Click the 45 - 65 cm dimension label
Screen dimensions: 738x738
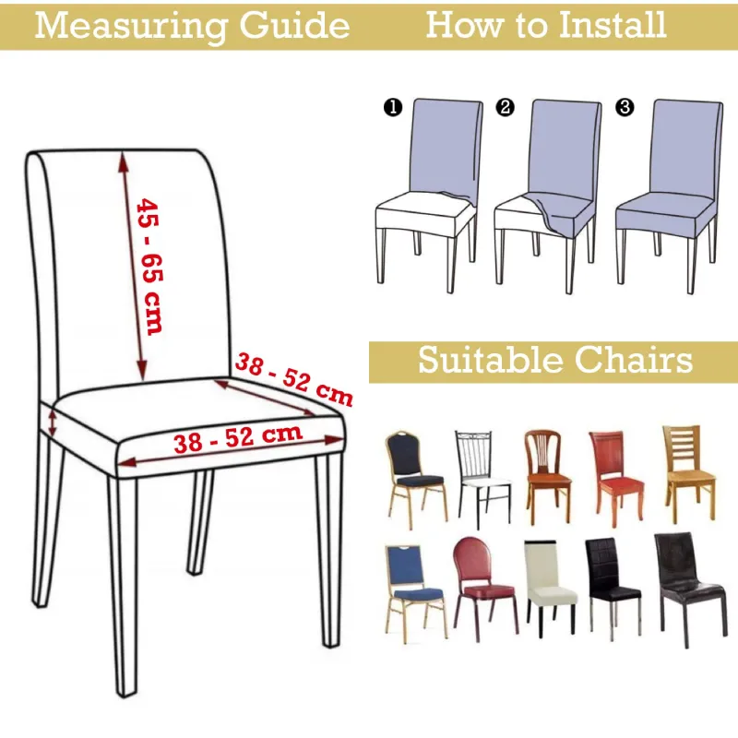coord(149,267)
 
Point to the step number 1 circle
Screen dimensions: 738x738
coord(393,107)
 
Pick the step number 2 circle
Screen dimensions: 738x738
coord(505,107)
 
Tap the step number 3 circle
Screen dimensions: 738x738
coord(625,107)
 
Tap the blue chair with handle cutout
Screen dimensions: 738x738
coord(414,594)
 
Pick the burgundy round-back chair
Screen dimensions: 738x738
coord(485,589)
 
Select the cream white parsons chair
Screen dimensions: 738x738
coord(550,588)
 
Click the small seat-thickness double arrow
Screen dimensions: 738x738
coord(54,423)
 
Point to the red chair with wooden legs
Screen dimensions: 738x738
coord(616,477)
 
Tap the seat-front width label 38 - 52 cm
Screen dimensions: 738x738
coord(238,438)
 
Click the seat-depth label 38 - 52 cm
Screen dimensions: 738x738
coord(293,379)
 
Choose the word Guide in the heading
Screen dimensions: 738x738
coord(294,26)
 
